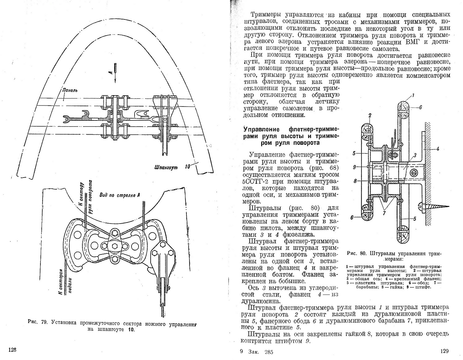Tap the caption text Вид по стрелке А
(118, 195)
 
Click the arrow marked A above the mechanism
(115, 71)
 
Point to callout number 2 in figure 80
(369, 115)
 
